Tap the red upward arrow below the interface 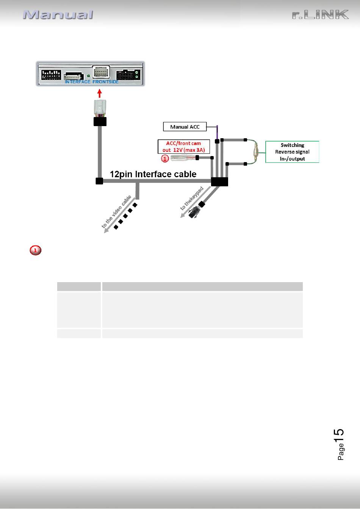[x=99, y=94]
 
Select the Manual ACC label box [x=185, y=126]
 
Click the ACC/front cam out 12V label [x=184, y=147]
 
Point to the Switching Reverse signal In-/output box [x=292, y=152]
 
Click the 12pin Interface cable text [x=153, y=174]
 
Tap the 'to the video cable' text [x=116, y=211]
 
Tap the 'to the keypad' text [x=192, y=198]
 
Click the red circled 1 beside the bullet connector [x=165, y=158]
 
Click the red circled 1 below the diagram [x=36, y=250]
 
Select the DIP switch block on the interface [x=51, y=75]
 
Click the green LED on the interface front [x=88, y=76]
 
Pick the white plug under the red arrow [x=100, y=108]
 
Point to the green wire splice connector [x=256, y=152]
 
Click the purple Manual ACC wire [x=217, y=133]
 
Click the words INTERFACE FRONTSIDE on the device [x=92, y=82]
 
